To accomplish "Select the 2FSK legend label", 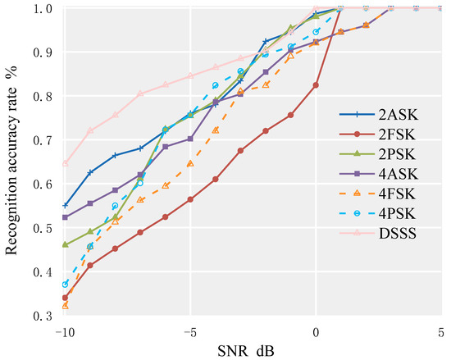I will tap(404, 136).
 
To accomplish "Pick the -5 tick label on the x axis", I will tap(189, 331).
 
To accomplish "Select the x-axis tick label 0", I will tap(316, 331).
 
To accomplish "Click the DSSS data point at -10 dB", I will tap(65, 162).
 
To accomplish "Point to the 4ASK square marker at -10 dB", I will tap(65, 217).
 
